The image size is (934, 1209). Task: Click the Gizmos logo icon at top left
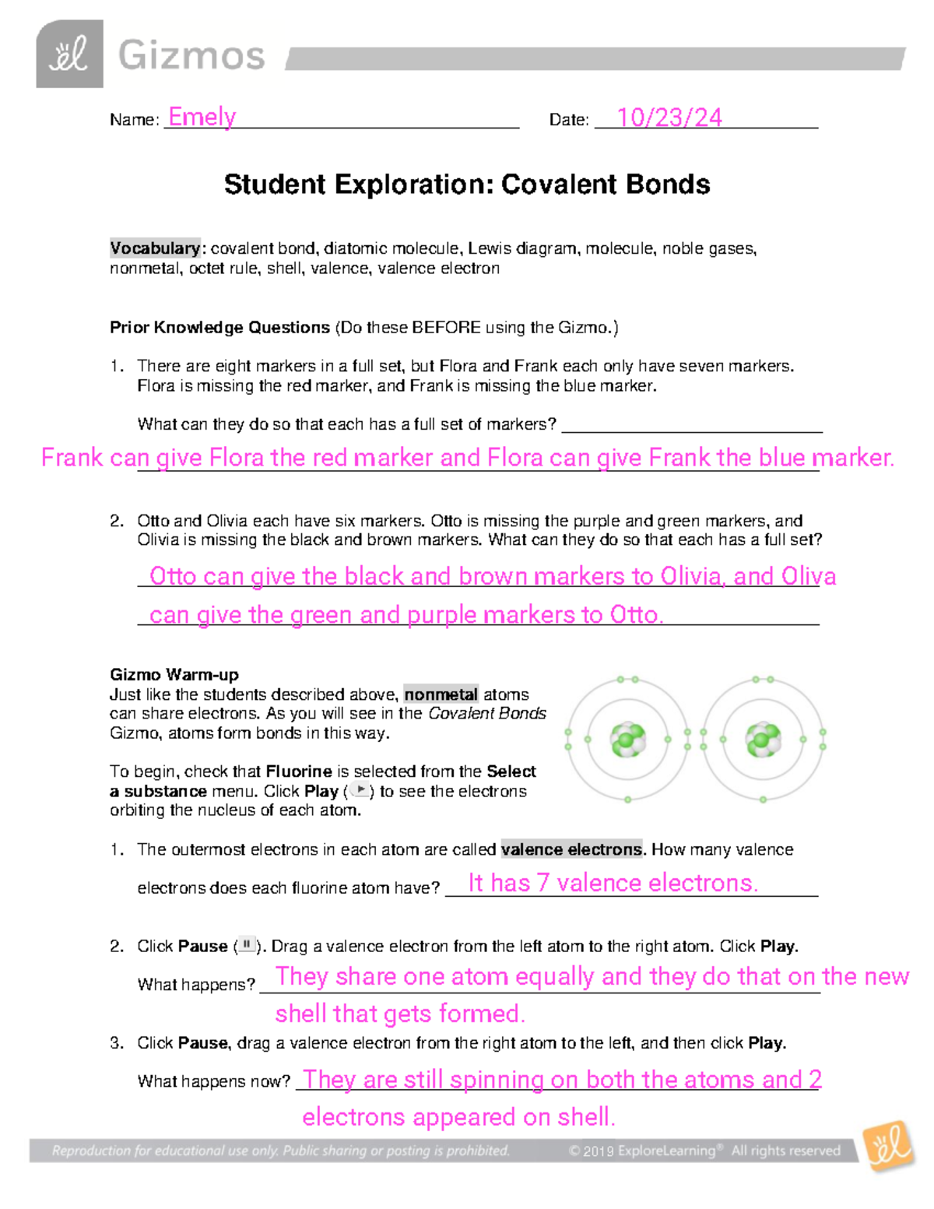click(69, 54)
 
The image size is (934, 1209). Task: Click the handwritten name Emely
click(202, 117)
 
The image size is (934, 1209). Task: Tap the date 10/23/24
click(669, 118)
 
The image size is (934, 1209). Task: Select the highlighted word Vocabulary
click(155, 248)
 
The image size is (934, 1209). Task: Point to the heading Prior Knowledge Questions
click(219, 328)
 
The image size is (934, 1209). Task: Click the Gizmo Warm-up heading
click(174, 675)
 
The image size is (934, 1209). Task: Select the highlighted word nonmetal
click(441, 694)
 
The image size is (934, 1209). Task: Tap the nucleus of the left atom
click(627, 740)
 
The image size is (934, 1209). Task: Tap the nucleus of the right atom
click(763, 740)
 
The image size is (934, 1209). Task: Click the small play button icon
click(360, 790)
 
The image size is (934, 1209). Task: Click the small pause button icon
click(246, 945)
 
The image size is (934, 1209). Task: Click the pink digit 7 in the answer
click(542, 883)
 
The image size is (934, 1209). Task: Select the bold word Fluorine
click(299, 771)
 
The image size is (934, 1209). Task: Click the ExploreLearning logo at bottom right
click(888, 1145)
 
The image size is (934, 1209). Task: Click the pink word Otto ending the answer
click(636, 615)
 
